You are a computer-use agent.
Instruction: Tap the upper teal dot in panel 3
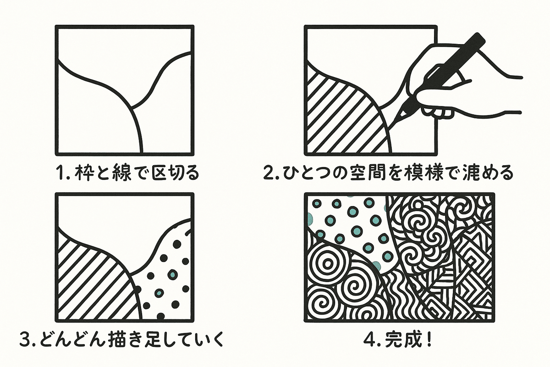(173, 275)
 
